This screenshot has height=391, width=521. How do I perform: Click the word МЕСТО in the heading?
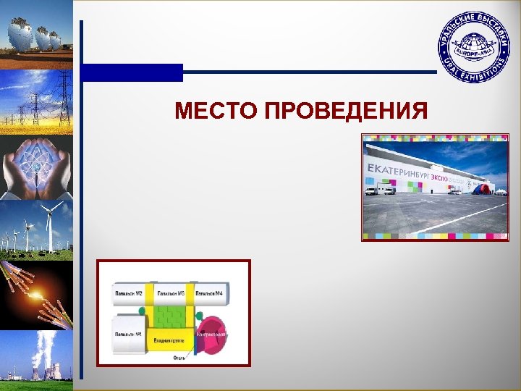pyautogui.click(x=216, y=112)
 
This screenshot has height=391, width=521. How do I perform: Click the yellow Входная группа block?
pyautogui.click(x=169, y=340)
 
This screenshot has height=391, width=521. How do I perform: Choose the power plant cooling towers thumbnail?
pyautogui.click(x=36, y=358)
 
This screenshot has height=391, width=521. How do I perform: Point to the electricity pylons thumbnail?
pyautogui.click(x=36, y=101)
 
